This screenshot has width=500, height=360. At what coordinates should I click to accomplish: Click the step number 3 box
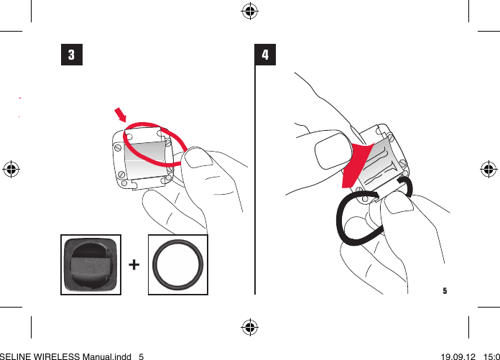[x=71, y=55]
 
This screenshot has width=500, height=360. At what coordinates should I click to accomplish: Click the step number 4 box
[x=266, y=55]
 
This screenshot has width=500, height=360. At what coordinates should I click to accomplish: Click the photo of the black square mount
[x=91, y=264]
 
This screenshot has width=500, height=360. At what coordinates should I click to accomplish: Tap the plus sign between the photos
[x=134, y=265]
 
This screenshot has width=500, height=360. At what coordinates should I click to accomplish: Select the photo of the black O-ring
[x=177, y=264]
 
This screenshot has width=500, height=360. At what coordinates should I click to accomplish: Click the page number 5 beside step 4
[x=445, y=291]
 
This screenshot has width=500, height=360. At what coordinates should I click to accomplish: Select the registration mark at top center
[x=250, y=11]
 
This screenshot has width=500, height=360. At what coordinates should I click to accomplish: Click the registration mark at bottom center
[x=250, y=328]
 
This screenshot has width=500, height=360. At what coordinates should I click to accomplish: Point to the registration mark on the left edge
[x=11, y=170]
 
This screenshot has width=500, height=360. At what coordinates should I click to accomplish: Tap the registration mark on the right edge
[x=488, y=170]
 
